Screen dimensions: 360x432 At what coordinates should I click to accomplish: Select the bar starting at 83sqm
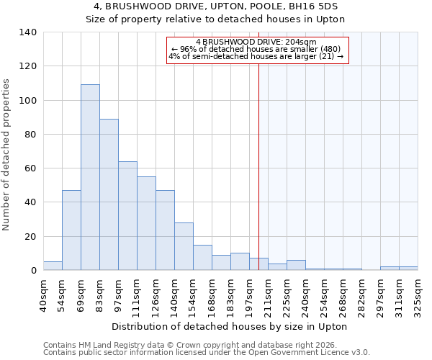pyautogui.click(x=109, y=194)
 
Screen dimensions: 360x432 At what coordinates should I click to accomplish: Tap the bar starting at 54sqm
pyautogui.click(x=71, y=230)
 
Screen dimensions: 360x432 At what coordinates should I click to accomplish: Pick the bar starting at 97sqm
pyautogui.click(x=127, y=216)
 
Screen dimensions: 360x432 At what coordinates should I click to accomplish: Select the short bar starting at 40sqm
pyautogui.click(x=53, y=266)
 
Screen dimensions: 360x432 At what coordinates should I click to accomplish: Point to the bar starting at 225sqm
pyautogui.click(x=296, y=265)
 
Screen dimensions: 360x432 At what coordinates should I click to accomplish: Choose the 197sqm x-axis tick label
pyautogui.click(x=249, y=295)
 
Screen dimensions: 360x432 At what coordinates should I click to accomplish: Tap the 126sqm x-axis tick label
pyautogui.click(x=156, y=295)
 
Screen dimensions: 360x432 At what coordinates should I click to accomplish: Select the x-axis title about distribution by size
pyautogui.click(x=230, y=326)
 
